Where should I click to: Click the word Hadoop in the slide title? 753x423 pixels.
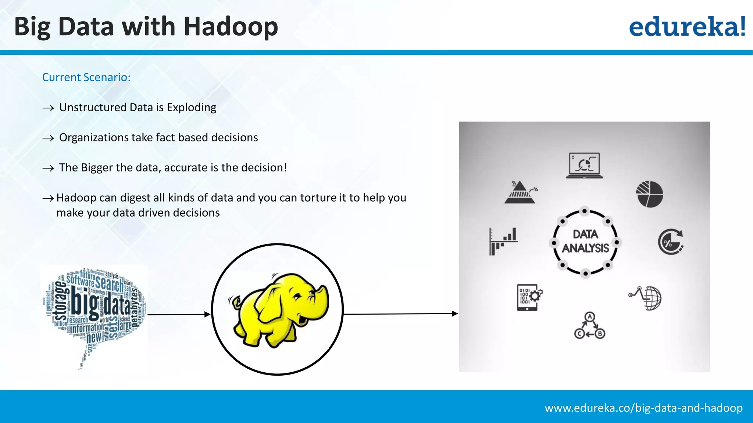tap(231, 27)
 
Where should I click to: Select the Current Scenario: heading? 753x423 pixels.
tap(86, 77)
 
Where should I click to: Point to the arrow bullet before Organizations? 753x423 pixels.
tap(48, 138)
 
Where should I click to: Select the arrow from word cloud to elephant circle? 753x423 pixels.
tap(179, 314)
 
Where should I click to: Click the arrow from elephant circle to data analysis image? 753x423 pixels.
tap(401, 314)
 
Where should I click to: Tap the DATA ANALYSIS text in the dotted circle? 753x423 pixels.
tap(585, 242)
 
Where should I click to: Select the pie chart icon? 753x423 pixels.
tap(650, 194)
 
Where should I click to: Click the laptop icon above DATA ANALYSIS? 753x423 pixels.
tap(584, 166)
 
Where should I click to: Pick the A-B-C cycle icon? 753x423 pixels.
tap(589, 326)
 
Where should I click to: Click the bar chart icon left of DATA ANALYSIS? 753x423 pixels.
tap(503, 241)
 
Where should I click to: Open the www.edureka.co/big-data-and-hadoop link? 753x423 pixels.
tap(643, 408)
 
